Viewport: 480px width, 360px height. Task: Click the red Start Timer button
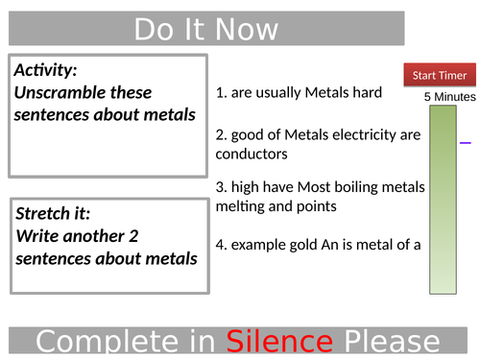click(440, 76)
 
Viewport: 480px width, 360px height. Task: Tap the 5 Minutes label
click(449, 97)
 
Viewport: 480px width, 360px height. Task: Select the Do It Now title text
click(206, 29)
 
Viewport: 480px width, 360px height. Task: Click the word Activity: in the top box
click(45, 71)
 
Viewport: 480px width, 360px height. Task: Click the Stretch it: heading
click(55, 213)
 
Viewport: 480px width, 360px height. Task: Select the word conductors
click(252, 154)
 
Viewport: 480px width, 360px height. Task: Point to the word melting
click(243, 205)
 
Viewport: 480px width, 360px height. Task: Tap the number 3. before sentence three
click(221, 186)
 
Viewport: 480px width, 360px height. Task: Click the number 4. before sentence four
click(221, 245)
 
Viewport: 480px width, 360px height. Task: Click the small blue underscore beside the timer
click(466, 142)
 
